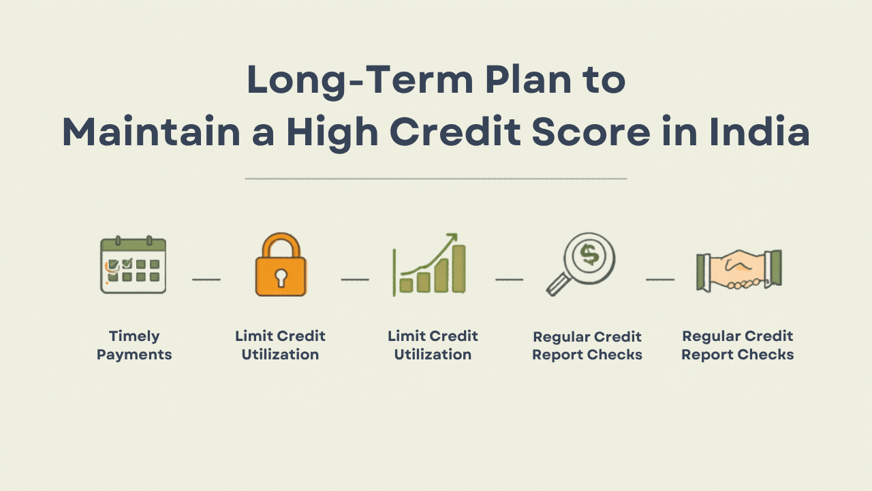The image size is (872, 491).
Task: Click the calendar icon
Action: point(133,265)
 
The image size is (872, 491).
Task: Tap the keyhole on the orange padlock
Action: point(281,277)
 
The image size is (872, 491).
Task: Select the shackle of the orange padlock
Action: point(281,245)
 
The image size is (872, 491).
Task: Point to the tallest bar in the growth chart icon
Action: point(458,269)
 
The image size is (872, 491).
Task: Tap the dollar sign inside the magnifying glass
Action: point(589,255)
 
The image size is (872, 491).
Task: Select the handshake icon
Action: point(738,270)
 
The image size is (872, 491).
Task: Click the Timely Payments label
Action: point(134,345)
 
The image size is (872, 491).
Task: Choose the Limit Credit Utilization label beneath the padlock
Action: point(280,345)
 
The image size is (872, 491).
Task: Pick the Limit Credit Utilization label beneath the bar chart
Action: point(433,345)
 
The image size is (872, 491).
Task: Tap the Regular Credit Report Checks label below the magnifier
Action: point(587,346)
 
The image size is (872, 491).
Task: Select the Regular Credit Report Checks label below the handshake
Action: point(738,345)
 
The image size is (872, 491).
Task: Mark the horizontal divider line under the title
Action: point(436,179)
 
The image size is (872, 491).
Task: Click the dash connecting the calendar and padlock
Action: point(206,279)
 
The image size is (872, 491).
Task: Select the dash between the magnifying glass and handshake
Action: point(660,279)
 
